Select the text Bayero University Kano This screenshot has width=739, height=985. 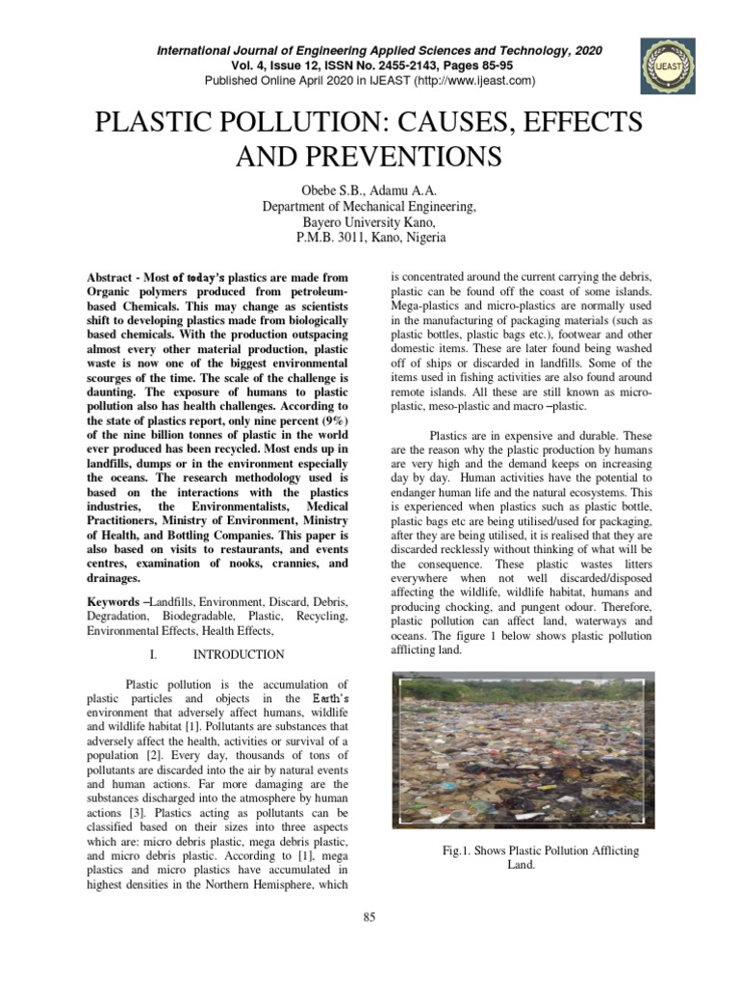[x=369, y=221]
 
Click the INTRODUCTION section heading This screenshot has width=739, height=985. [x=239, y=655]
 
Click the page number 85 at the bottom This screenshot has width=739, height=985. [x=369, y=918]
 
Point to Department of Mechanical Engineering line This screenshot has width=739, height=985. [x=369, y=206]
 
